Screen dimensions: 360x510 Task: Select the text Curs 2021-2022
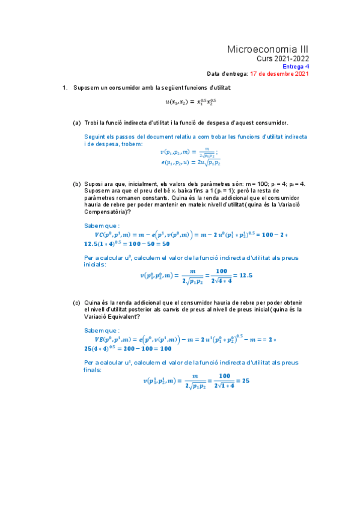[x=282, y=59]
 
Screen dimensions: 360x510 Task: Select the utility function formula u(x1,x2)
[x=191, y=102]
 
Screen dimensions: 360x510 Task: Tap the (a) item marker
[x=77, y=123]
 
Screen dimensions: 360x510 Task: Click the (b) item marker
[x=77, y=183]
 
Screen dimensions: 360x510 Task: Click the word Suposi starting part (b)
[x=94, y=183]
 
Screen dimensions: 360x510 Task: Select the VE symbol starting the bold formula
[x=94, y=340]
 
